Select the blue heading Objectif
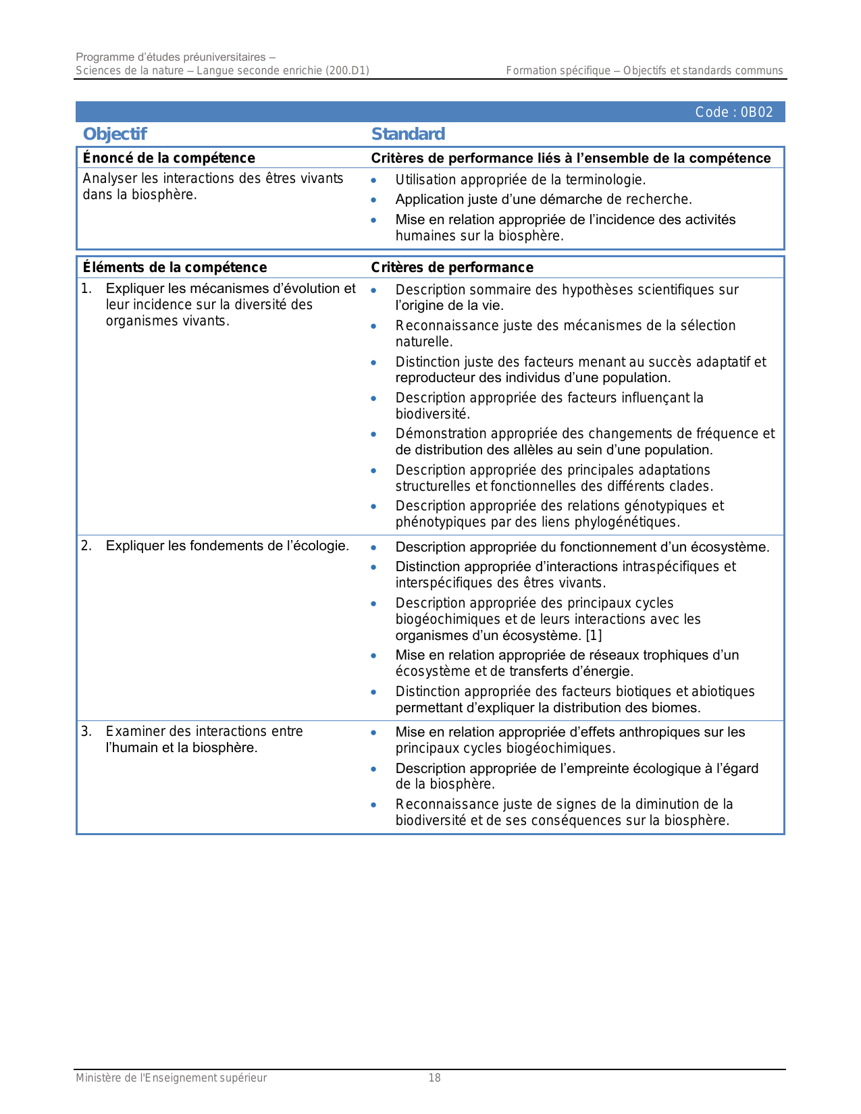pyautogui.click(x=115, y=134)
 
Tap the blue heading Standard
pyautogui.click(x=408, y=134)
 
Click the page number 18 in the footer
pyautogui.click(x=435, y=1078)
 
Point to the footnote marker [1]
pyautogui.click(x=594, y=635)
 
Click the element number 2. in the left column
pyautogui.click(x=86, y=546)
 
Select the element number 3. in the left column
pyautogui.click(x=86, y=731)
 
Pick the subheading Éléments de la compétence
pyautogui.click(x=175, y=267)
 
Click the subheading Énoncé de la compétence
pyautogui.click(x=169, y=158)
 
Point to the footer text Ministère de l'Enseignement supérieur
pyautogui.click(x=172, y=1078)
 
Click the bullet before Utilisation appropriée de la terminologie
pyautogui.click(x=373, y=180)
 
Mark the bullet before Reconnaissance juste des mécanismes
pyautogui.click(x=373, y=326)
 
